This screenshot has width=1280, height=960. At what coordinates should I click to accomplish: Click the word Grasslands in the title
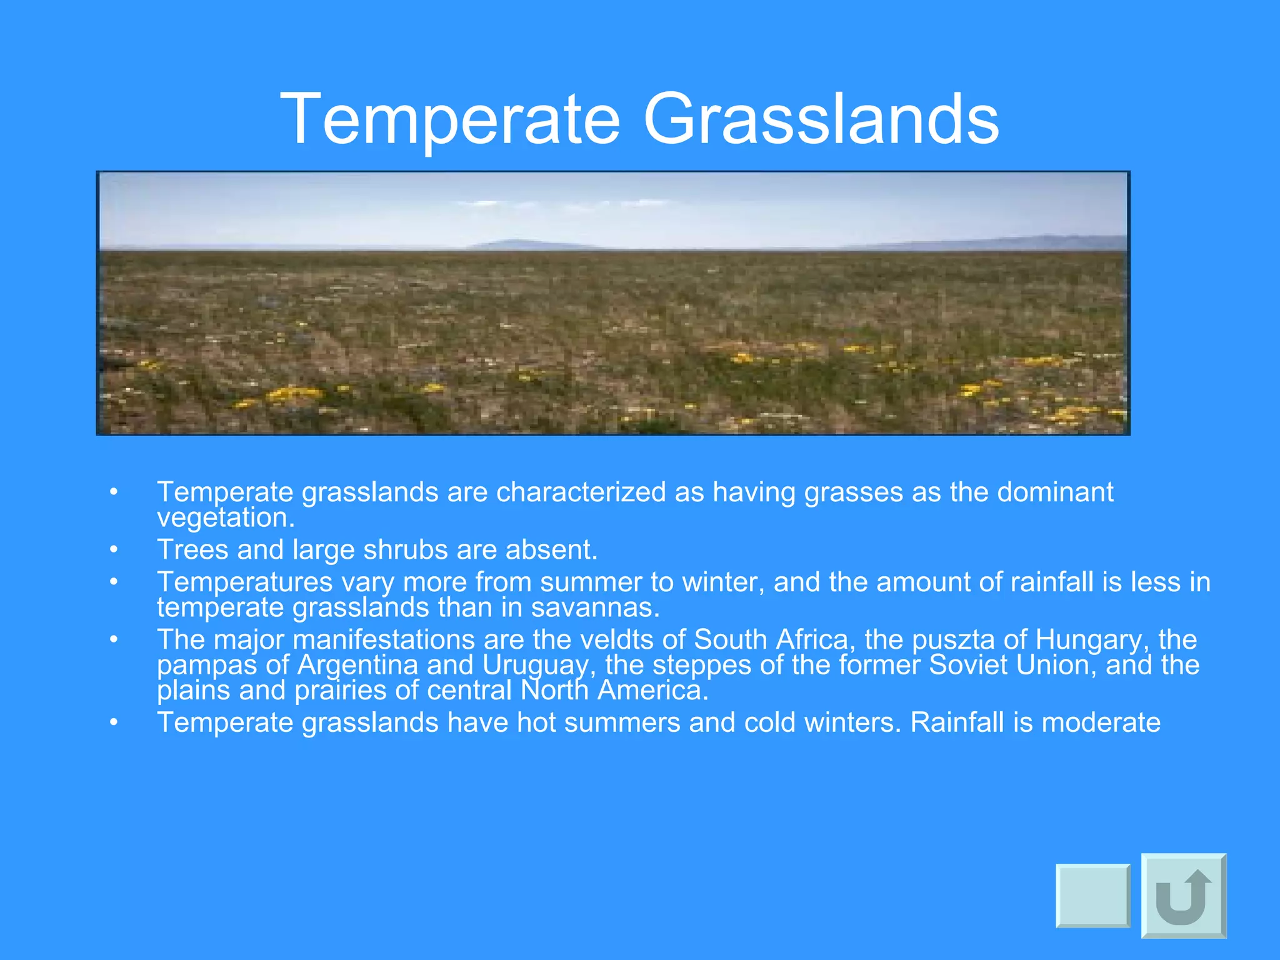click(x=821, y=119)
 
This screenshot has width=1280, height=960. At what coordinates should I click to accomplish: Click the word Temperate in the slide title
click(x=450, y=119)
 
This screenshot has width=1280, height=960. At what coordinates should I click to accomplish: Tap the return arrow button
click(x=1184, y=896)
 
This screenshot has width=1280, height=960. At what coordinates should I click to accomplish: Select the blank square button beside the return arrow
click(x=1093, y=896)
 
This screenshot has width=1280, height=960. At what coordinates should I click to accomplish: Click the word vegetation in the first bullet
click(x=225, y=517)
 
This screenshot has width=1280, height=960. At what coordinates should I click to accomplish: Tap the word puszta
click(x=952, y=639)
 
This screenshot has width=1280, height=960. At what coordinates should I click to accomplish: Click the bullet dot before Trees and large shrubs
click(x=113, y=550)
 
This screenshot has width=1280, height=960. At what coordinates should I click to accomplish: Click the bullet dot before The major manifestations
click(x=113, y=639)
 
